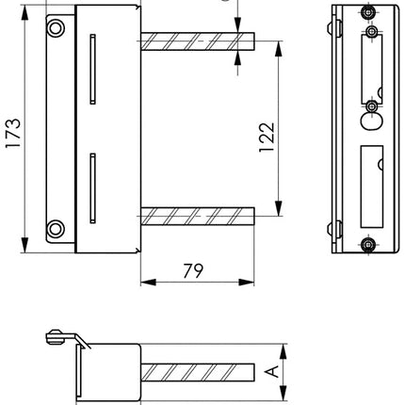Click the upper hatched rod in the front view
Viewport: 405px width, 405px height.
[x=198, y=43]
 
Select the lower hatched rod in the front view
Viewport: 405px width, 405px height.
[x=198, y=218]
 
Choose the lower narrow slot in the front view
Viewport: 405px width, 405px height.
[x=91, y=187]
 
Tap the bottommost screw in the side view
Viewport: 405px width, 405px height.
[x=367, y=246]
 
